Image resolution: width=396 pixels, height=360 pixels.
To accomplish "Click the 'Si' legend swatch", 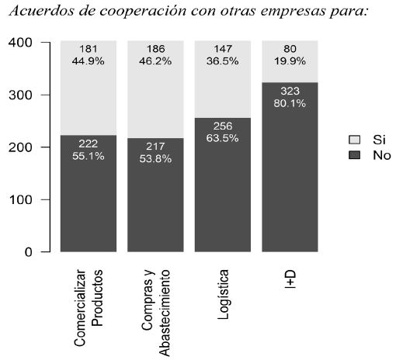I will pyautogui.click(x=355, y=140).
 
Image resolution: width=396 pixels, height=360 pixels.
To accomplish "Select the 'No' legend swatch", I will pyautogui.click(x=355, y=155).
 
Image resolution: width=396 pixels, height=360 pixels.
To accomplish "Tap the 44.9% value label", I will pyautogui.click(x=88, y=61).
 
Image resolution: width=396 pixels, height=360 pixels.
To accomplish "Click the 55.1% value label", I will pyautogui.click(x=88, y=155).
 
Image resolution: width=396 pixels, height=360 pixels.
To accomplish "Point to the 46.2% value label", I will pyautogui.click(x=155, y=61).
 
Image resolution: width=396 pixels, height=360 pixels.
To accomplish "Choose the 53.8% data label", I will pyautogui.click(x=155, y=158).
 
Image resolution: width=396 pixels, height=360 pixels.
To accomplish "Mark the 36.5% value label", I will pyautogui.click(x=222, y=61).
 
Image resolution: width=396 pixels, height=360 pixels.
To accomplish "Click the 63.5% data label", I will pyautogui.click(x=222, y=138).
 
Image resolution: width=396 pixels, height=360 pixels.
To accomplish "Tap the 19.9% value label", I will pyautogui.click(x=289, y=61).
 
